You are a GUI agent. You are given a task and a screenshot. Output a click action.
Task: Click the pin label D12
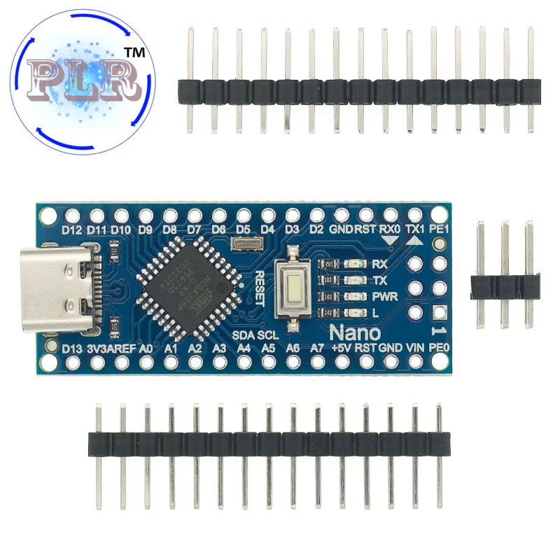(x=72, y=230)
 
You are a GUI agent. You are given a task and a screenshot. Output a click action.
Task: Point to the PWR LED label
(x=385, y=296)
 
